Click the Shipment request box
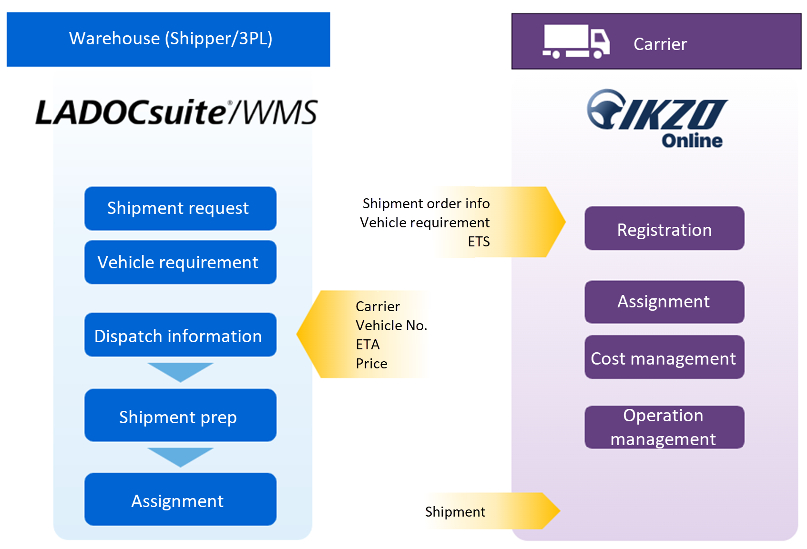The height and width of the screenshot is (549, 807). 180,208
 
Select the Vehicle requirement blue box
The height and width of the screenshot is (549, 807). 180,262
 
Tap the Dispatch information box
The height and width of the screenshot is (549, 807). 180,335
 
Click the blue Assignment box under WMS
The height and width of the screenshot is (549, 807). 180,500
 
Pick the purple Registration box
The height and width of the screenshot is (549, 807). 664,229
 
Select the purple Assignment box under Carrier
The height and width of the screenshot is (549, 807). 664,302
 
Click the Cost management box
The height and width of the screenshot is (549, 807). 664,357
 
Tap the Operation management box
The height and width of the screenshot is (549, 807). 664,427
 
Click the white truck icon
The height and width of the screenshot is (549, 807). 576,41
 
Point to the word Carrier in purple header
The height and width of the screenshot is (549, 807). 660,44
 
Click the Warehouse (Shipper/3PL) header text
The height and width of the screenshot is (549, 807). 171,38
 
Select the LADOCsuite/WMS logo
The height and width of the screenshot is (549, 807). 176,112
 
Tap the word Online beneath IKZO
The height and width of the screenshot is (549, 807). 692,141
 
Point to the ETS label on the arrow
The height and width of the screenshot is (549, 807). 479,242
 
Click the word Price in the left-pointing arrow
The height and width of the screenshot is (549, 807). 371,364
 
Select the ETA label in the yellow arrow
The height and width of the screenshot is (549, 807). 368,345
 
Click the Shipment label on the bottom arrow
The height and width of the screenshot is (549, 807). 455,512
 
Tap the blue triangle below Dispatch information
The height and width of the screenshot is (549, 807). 180,371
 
